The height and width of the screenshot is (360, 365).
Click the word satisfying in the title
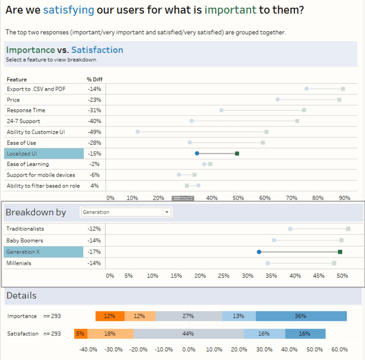click(x=69, y=10)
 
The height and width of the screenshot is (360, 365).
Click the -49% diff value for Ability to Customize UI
click(x=94, y=132)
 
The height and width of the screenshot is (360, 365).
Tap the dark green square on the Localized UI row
click(x=237, y=153)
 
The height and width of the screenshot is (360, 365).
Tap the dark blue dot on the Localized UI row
click(x=197, y=153)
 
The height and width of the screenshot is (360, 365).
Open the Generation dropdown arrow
click(x=167, y=212)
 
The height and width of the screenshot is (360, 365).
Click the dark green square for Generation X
click(x=340, y=252)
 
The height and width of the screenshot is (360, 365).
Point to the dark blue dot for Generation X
click(x=259, y=252)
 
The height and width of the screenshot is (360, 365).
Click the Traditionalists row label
click(x=25, y=228)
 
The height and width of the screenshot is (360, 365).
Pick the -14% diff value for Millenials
click(x=94, y=263)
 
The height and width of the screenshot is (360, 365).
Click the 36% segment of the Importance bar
click(x=301, y=316)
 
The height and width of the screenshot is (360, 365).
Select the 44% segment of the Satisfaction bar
click(x=188, y=334)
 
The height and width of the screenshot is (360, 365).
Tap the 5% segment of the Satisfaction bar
click(x=80, y=334)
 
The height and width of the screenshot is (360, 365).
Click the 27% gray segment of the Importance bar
click(x=188, y=316)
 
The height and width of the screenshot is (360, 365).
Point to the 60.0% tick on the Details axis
click(x=340, y=349)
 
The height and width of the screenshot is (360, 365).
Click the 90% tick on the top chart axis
click(x=345, y=198)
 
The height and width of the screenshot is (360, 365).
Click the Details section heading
click(x=21, y=296)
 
